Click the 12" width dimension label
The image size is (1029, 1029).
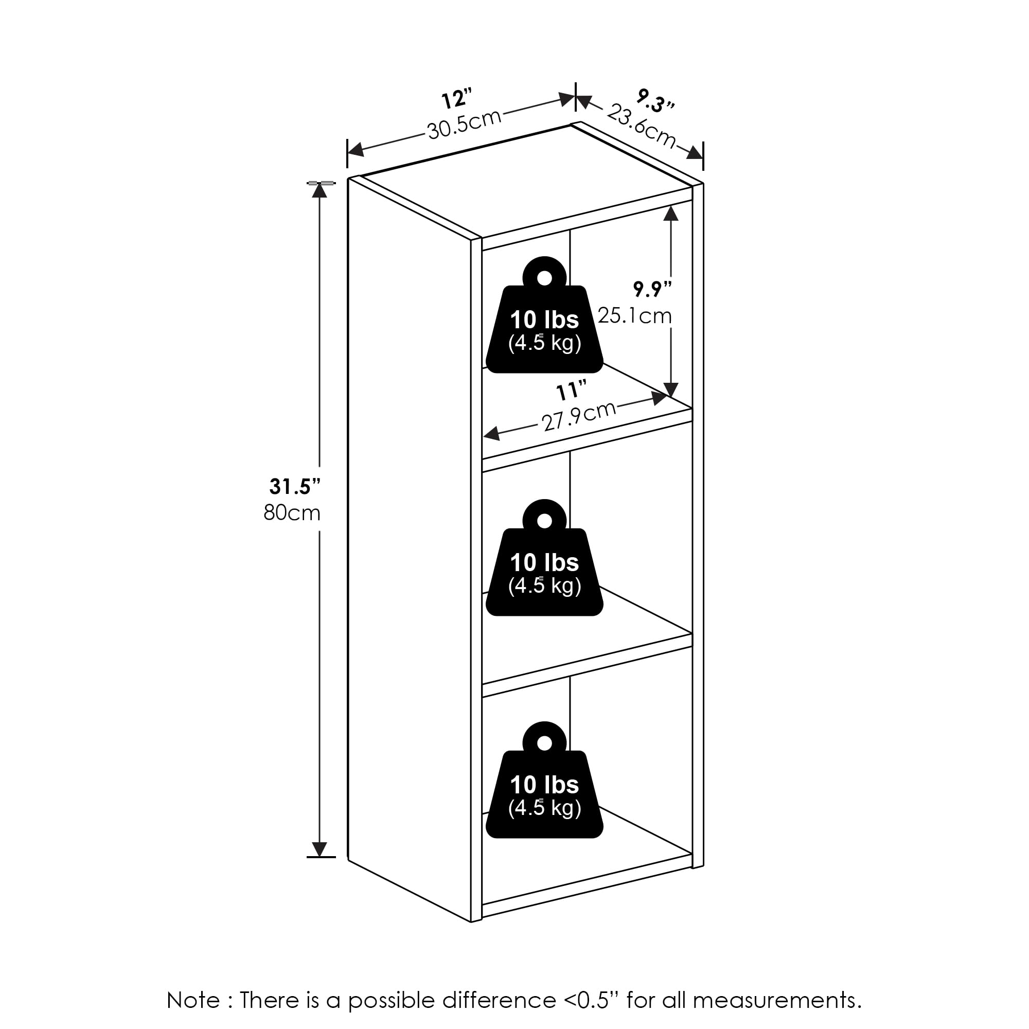(x=457, y=99)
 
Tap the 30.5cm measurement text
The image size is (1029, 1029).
(x=465, y=125)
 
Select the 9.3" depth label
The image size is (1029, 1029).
(x=655, y=101)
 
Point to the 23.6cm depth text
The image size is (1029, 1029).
(x=642, y=126)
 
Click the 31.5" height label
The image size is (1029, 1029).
(x=294, y=486)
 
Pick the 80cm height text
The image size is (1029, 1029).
(x=292, y=513)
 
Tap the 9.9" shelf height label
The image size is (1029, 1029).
(x=652, y=289)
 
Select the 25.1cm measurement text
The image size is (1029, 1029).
(x=634, y=316)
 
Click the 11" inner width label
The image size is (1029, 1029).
(x=571, y=392)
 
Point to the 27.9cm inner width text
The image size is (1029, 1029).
(x=579, y=416)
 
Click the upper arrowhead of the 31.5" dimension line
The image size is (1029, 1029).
(x=319, y=190)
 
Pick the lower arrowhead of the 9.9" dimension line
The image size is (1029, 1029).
(x=671, y=389)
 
